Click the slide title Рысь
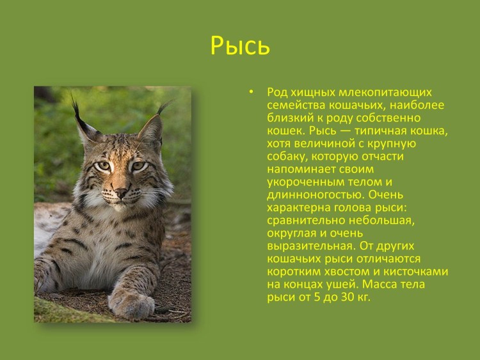[x=240, y=46]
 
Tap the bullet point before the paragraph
[x=252, y=92]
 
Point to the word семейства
[x=292, y=105]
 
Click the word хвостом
[x=346, y=271]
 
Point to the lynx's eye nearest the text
[x=138, y=166]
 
